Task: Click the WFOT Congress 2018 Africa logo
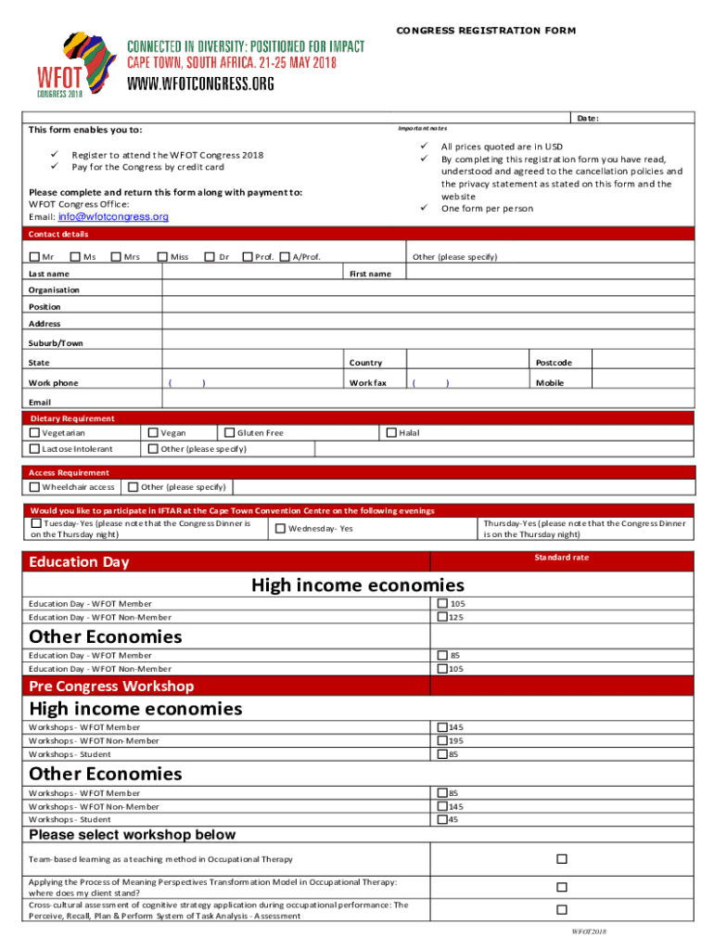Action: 72,65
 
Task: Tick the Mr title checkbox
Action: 34,257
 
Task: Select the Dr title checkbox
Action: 210,257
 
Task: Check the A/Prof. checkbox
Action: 285,257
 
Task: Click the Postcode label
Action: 553,363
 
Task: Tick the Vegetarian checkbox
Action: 34,433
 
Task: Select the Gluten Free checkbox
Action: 229,433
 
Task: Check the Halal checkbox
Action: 390,432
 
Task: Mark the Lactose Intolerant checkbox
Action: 34,450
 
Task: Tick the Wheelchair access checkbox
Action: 34,487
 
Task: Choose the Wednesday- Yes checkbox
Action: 280,529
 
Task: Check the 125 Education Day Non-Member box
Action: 442,617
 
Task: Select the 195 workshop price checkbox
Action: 442,740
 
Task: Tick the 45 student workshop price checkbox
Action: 442,819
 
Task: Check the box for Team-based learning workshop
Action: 561,859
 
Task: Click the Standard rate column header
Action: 561,558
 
